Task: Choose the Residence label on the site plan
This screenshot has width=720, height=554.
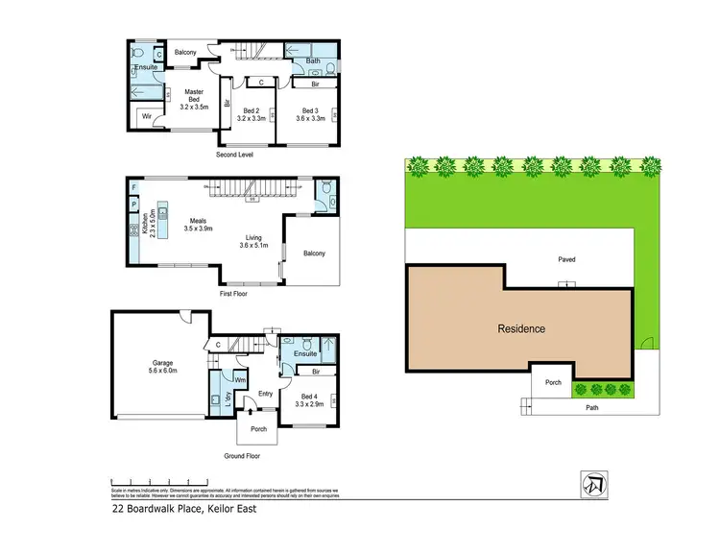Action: (521, 328)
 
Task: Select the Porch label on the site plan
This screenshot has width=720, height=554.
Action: (553, 381)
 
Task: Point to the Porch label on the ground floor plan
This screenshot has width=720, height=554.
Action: (258, 428)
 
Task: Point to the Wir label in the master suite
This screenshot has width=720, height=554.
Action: (147, 117)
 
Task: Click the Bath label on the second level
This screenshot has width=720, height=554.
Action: (313, 61)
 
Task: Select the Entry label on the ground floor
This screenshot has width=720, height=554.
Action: (266, 393)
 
